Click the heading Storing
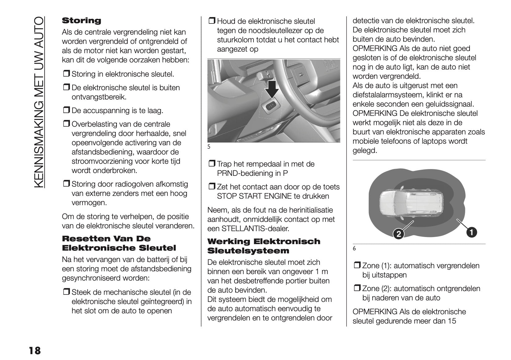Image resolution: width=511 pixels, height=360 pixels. (x=82, y=21)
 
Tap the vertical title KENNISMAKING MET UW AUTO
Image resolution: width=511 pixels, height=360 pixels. (x=40, y=102)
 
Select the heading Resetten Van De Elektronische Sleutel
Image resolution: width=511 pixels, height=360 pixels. (x=119, y=243)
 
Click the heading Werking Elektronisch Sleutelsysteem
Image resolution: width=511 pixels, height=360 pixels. (x=264, y=246)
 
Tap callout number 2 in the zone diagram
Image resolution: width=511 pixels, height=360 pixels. (x=398, y=234)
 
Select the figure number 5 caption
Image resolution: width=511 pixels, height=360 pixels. (x=209, y=147)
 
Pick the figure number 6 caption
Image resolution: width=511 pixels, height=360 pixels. (x=354, y=248)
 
